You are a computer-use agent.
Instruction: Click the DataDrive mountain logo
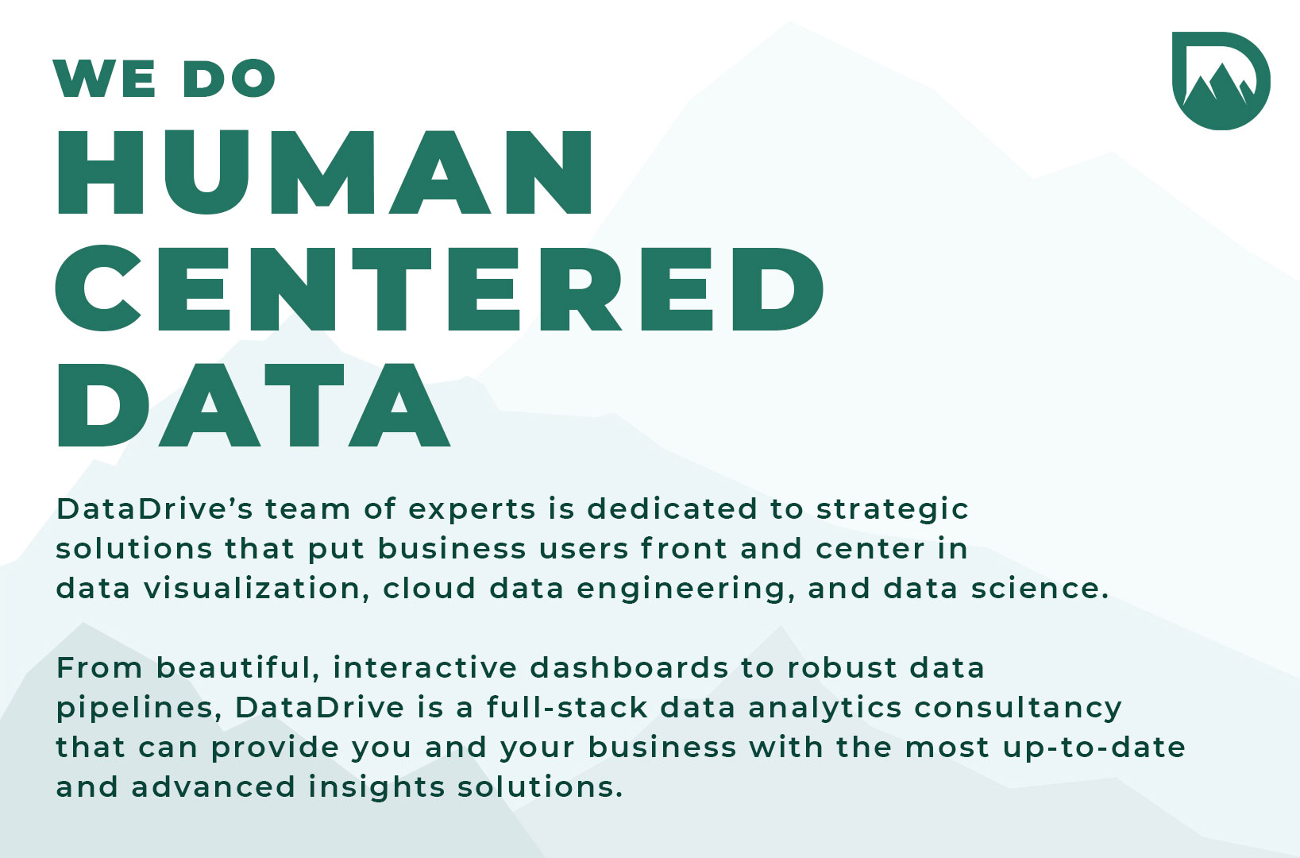pos(1221,81)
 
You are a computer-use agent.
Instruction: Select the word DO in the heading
pos(229,78)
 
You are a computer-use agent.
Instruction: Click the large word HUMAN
pos(325,172)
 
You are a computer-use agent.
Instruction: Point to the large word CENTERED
pos(439,288)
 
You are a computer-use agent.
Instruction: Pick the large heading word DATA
pos(253,404)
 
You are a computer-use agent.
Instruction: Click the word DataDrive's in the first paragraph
pos(154,509)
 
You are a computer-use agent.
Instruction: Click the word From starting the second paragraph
pos(99,668)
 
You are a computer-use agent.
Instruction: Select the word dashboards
pos(629,667)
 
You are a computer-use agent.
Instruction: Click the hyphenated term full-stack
pos(567,707)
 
